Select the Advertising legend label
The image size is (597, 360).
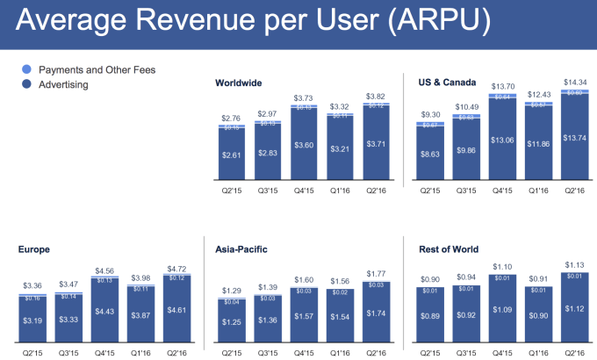tap(64, 85)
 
